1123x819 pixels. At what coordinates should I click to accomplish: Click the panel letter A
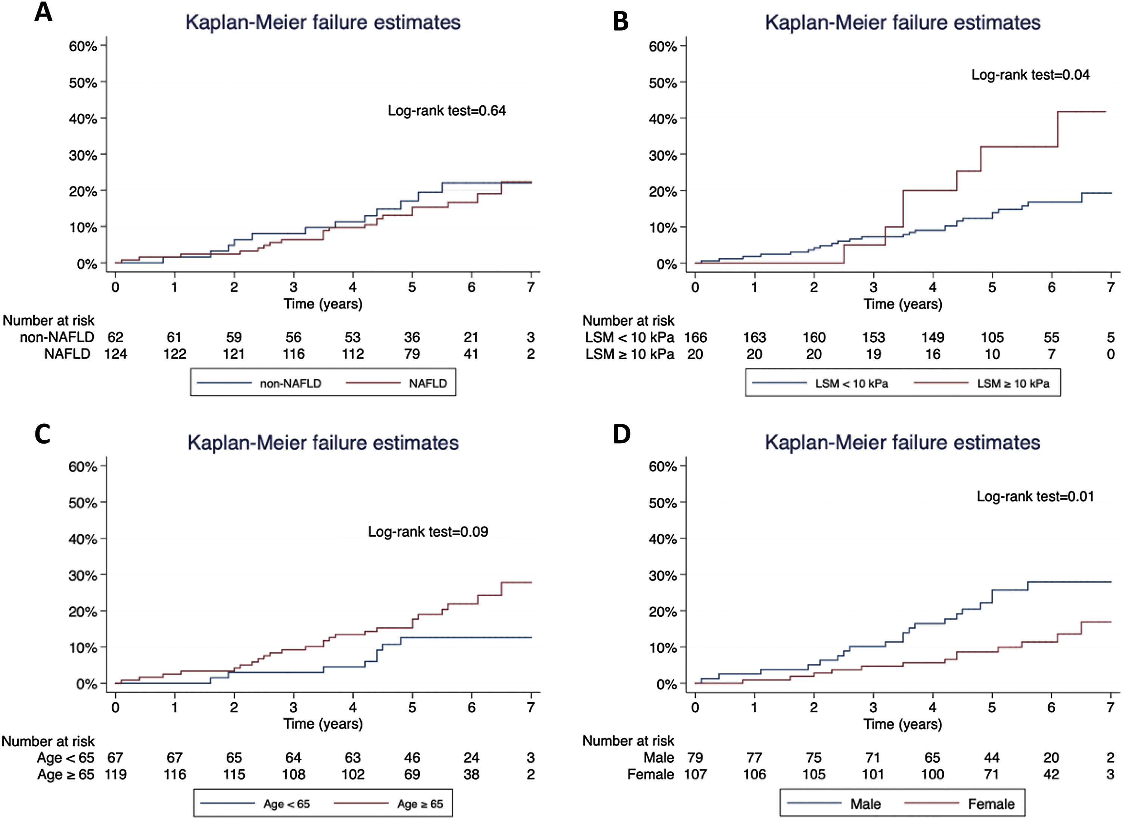click(x=43, y=12)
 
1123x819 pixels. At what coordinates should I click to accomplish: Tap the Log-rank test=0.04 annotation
click(x=1030, y=75)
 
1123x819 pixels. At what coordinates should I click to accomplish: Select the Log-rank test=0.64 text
click(x=447, y=110)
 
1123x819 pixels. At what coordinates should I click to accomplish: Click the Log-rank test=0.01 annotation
click(x=1035, y=496)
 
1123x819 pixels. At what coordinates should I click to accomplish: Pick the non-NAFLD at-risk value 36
click(x=412, y=337)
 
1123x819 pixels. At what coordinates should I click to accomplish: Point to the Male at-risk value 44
click(x=992, y=757)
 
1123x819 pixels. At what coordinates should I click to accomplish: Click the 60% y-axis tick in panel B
click(x=663, y=46)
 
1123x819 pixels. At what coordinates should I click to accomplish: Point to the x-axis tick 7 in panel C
click(x=531, y=707)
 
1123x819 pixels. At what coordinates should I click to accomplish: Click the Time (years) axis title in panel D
click(x=902, y=724)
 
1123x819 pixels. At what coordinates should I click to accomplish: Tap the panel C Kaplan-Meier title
click(x=323, y=442)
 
